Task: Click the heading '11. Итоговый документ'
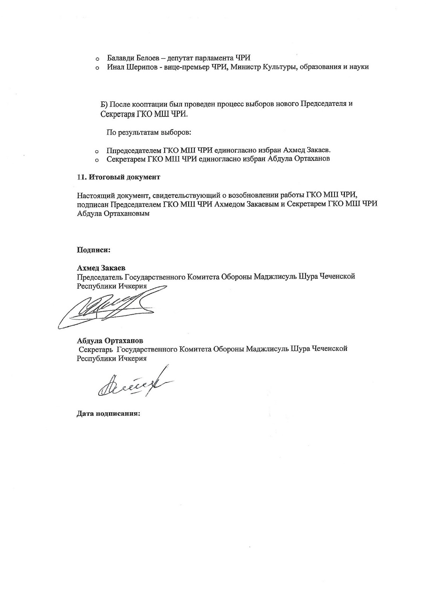118,177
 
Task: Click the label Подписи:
93,249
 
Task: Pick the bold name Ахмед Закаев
101,268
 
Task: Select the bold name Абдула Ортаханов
110,341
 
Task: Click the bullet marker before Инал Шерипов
97,68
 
